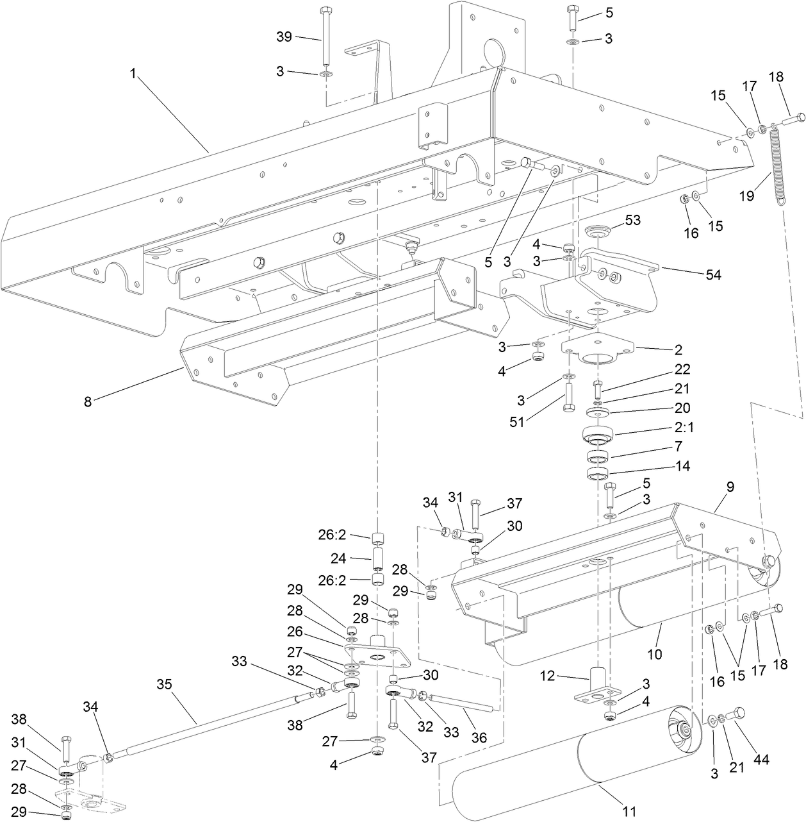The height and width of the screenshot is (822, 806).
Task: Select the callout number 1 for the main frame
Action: point(133,74)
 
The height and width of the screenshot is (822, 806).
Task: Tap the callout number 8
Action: point(88,403)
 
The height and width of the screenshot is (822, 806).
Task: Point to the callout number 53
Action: point(633,221)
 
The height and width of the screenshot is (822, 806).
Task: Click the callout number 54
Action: point(712,275)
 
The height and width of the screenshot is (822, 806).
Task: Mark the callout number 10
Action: point(655,655)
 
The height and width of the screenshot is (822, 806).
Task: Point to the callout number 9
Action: point(730,487)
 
